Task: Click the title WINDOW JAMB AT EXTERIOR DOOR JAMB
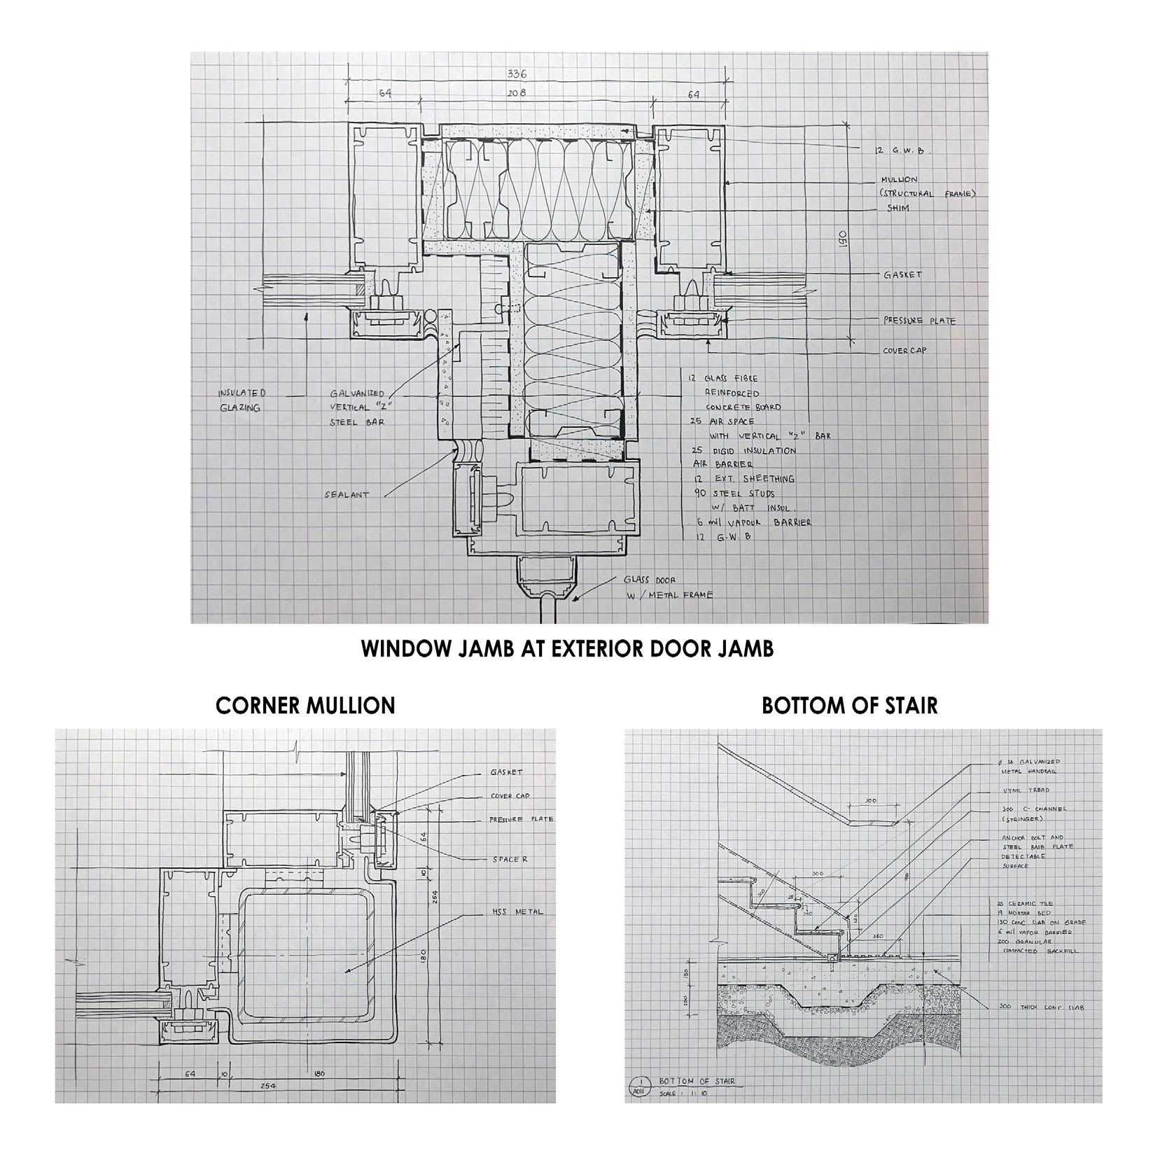pyautogui.click(x=567, y=648)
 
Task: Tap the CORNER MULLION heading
pyautogui.click(x=305, y=705)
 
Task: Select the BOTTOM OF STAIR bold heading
pyautogui.click(x=849, y=705)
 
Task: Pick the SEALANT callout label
pyautogui.click(x=347, y=494)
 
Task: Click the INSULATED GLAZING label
pyautogui.click(x=242, y=400)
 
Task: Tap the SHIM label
pyautogui.click(x=898, y=208)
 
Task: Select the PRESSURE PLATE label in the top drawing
pyautogui.click(x=918, y=321)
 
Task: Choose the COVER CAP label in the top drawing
pyautogui.click(x=904, y=350)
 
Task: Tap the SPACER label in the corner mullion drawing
pyautogui.click(x=509, y=859)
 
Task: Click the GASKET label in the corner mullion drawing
pyautogui.click(x=506, y=772)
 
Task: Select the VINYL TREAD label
pyautogui.click(x=1026, y=790)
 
